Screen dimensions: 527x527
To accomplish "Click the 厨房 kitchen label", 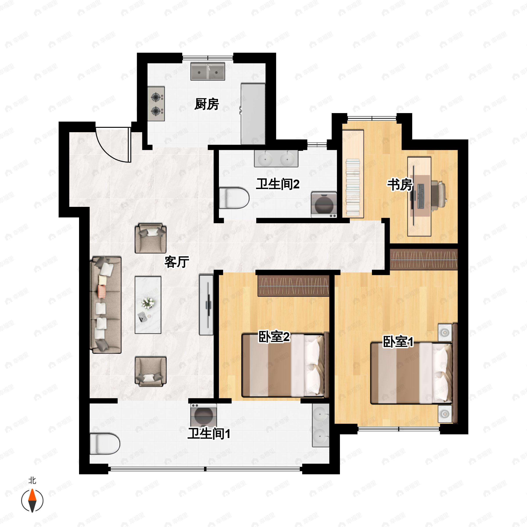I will [x=206, y=104].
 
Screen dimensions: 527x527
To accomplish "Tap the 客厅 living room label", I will [x=177, y=262].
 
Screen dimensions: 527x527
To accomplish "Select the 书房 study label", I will [x=400, y=185].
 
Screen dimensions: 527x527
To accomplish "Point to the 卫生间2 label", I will [x=277, y=184].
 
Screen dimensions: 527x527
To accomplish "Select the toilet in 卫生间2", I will [x=234, y=198].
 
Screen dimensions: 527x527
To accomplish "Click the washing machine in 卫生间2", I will [x=324, y=205].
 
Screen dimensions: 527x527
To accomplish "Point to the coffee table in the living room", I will [x=148, y=305].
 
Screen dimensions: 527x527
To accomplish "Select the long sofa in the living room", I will [x=106, y=305].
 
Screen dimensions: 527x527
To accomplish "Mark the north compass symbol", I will [x=32, y=501].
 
